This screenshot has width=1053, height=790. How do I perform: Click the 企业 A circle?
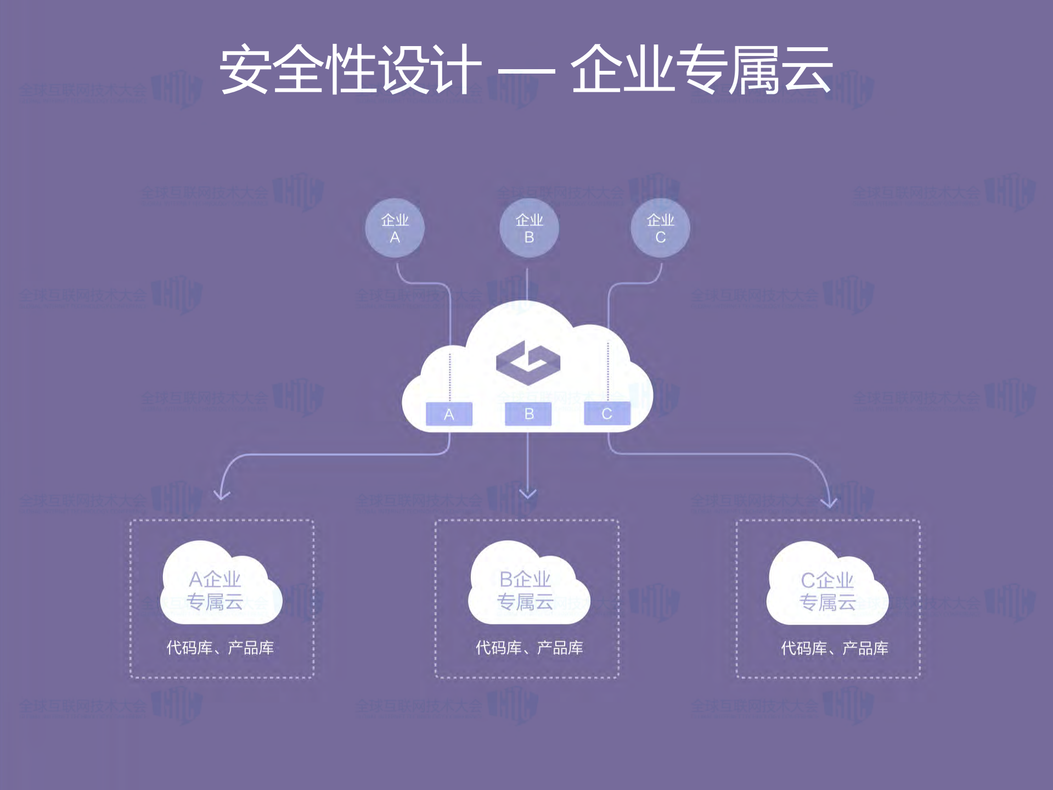point(395,228)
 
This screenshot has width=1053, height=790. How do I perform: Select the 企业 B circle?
point(529,228)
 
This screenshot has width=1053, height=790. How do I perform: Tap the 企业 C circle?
point(660,228)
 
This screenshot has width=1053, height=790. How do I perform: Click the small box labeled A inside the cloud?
point(449,414)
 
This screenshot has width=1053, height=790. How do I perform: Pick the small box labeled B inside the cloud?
point(528,414)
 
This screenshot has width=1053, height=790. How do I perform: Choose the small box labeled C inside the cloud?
point(607,414)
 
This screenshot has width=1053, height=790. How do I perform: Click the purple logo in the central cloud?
point(528,362)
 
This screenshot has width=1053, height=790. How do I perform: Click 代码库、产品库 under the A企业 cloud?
point(220,648)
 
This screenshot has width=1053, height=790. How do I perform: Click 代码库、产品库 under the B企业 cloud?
point(529,648)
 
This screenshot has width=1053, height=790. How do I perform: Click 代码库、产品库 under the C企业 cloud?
point(834,648)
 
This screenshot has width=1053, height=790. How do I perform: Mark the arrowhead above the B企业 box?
point(528,494)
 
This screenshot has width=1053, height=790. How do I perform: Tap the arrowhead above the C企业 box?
point(829,501)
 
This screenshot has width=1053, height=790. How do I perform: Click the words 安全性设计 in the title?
point(350,70)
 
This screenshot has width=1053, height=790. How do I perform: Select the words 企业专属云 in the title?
point(701,70)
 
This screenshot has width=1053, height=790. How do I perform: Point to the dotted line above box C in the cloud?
point(608,371)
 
